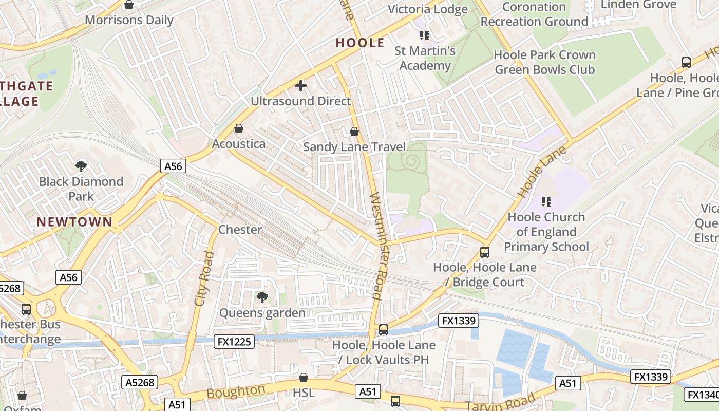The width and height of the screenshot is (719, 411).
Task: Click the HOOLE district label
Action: pyautogui.click(x=360, y=43)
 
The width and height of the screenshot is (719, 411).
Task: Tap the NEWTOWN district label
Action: pyautogui.click(x=74, y=222)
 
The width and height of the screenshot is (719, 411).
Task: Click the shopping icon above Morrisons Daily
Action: pyautogui.click(x=129, y=5)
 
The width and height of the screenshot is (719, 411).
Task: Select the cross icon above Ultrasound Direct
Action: pyautogui.click(x=301, y=86)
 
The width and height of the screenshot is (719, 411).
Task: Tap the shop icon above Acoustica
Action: pyautogui.click(x=239, y=128)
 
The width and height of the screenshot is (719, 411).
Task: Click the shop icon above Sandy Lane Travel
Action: pyautogui.click(x=354, y=132)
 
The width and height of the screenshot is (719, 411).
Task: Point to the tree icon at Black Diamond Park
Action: pyautogui.click(x=81, y=166)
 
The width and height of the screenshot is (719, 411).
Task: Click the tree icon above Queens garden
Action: pyautogui.click(x=262, y=297)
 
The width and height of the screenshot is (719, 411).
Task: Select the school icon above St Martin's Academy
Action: pyautogui.click(x=425, y=35)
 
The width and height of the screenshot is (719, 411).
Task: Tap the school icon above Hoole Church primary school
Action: pyautogui.click(x=546, y=201)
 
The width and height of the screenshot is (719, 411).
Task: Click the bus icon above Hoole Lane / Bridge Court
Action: pyautogui.click(x=485, y=252)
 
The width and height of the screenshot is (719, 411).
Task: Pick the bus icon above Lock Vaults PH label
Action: pyautogui.click(x=384, y=329)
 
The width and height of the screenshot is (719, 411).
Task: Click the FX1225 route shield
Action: pyautogui.click(x=234, y=341)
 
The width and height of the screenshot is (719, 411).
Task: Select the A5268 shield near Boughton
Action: pyautogui.click(x=140, y=382)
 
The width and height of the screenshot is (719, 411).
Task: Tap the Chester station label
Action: pyautogui.click(x=240, y=229)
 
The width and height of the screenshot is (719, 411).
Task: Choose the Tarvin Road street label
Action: pyautogui.click(x=501, y=401)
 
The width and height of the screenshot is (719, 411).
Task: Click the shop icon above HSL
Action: pyautogui.click(x=304, y=378)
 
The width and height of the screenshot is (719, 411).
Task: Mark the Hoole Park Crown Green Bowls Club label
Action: pyautogui.click(x=544, y=62)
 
